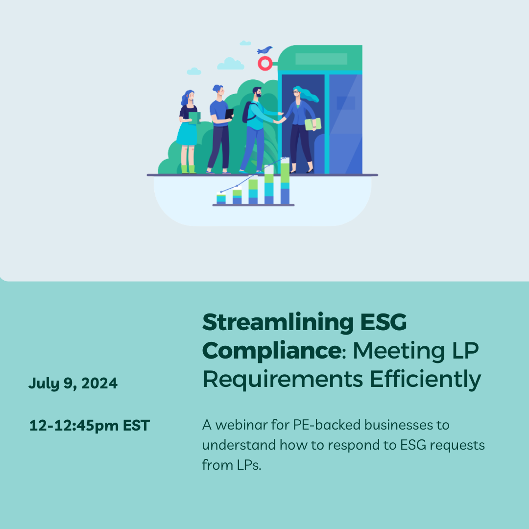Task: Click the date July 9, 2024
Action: (73, 384)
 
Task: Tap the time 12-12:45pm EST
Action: (90, 426)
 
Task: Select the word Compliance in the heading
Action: (272, 351)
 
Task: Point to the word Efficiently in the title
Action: (426, 380)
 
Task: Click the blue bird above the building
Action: (264, 50)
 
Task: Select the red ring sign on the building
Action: (265, 63)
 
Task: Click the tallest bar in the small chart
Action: (285, 181)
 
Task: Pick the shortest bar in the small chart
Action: (221, 199)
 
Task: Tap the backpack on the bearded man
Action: (247, 112)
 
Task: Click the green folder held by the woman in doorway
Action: (313, 124)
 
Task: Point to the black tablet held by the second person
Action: (229, 114)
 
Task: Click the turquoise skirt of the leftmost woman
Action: (187, 134)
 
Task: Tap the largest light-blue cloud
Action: (230, 64)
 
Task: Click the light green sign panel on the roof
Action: (321, 59)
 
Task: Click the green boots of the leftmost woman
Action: (189, 169)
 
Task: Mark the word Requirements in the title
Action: (283, 380)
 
